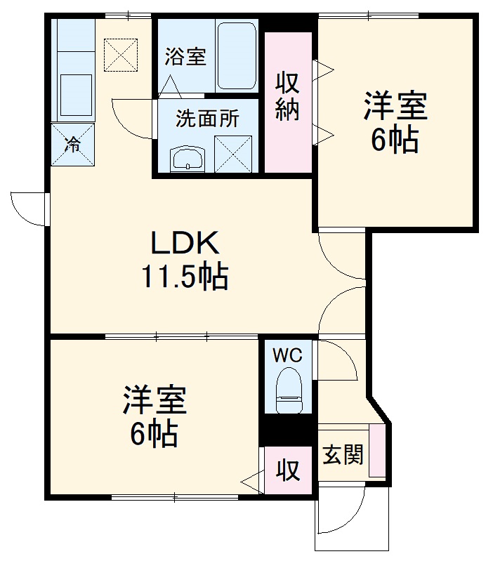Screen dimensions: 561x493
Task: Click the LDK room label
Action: tap(185, 244)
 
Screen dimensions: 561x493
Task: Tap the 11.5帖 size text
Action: tap(185, 277)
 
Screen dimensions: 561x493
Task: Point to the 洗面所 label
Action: tap(207, 119)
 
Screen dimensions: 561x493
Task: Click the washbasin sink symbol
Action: tap(188, 159)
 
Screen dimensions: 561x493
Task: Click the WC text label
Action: tap(287, 355)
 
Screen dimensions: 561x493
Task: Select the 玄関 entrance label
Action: tap(343, 455)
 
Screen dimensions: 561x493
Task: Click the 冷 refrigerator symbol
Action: tap(72, 145)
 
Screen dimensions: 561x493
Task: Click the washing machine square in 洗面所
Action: tap(232, 152)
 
